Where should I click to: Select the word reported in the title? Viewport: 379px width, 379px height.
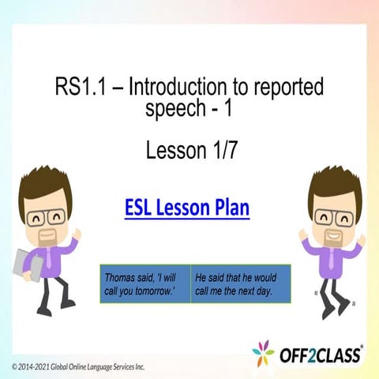point(287,87)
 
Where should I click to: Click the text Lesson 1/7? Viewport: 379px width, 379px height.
point(191,150)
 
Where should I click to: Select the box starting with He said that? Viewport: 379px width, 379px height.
point(242,283)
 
